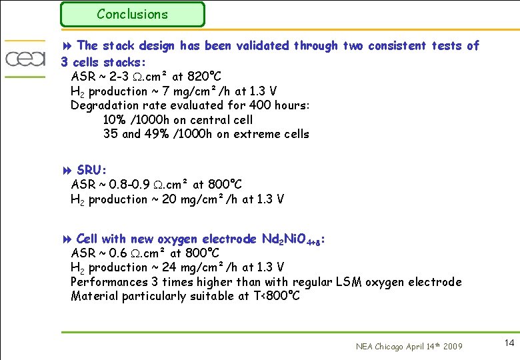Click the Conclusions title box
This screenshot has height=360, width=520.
[132, 14]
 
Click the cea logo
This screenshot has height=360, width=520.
[25, 59]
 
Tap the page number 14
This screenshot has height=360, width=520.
[509, 343]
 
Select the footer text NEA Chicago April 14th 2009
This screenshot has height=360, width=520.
[408, 346]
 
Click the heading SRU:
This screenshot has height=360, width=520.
[92, 170]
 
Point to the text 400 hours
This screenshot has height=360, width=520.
[284, 105]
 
